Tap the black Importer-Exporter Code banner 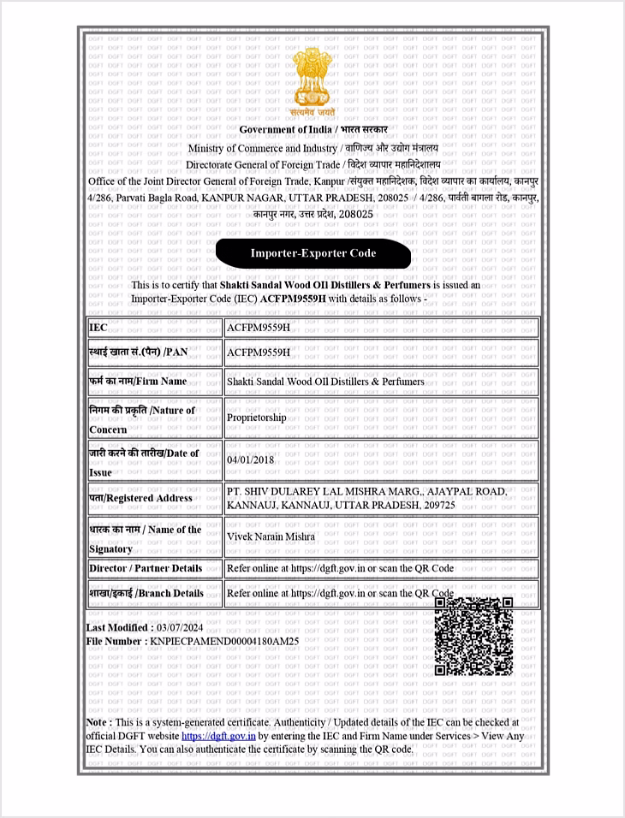point(313,253)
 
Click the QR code point(473,636)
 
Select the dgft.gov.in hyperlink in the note point(218,735)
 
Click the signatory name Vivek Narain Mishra point(271,536)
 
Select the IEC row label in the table point(98,328)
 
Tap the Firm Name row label point(138,380)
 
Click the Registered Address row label point(140,498)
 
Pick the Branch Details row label point(146,593)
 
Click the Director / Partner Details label point(146,568)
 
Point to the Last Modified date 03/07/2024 point(171,627)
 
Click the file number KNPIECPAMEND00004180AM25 point(224,640)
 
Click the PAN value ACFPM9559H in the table point(259,352)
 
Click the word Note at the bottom point(97,722)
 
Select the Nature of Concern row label point(142,418)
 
